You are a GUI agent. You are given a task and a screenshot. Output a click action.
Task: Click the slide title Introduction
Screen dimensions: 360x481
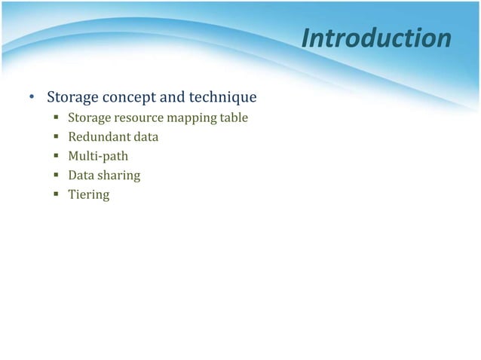click(376, 38)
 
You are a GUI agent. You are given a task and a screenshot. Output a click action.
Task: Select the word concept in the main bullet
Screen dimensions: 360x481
click(133, 98)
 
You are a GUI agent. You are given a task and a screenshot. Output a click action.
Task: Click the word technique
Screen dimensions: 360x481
click(222, 98)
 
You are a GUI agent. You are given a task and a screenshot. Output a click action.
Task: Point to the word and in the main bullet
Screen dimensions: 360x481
click(175, 98)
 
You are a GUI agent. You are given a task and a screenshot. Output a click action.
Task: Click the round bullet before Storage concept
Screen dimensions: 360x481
click(32, 99)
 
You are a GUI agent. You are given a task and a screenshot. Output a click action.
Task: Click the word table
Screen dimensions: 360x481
click(234, 117)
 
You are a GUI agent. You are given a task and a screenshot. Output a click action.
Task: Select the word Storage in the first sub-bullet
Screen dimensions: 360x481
click(89, 117)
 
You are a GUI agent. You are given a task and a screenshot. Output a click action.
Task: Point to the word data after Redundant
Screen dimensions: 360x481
click(146, 137)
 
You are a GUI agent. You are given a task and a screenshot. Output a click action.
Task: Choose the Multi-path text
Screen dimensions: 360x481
click(98, 157)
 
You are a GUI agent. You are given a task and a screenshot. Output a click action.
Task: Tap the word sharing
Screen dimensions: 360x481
click(118, 176)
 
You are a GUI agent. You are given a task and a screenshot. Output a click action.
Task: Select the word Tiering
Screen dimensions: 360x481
click(89, 195)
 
